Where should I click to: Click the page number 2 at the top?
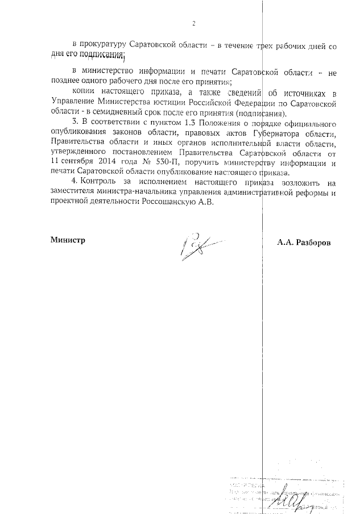click(x=193, y=23)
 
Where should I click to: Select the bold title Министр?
click(x=68, y=240)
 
